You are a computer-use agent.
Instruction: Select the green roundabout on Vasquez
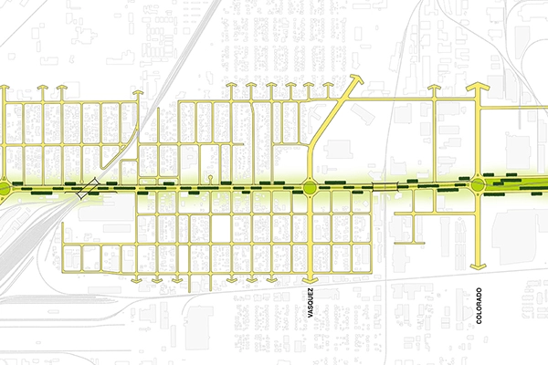tap(310, 188)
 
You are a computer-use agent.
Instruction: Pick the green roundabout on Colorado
tap(479, 187)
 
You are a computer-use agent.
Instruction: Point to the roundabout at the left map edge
tap(4, 188)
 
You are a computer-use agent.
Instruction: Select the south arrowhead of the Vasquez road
tap(310, 276)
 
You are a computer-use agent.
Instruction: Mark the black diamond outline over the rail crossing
tap(88, 189)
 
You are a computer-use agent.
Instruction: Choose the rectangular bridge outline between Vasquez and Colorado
tap(385, 186)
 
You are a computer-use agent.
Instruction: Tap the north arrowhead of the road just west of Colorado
tap(434, 89)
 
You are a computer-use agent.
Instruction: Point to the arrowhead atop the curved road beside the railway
tap(137, 94)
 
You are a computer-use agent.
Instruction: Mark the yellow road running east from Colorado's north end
tap(516, 104)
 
